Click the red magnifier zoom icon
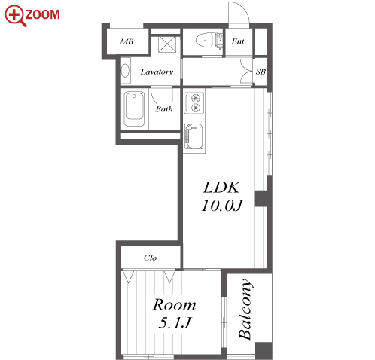pos(14,14)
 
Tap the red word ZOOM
pos(43,14)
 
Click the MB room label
pos(127,41)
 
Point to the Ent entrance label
pos(238,41)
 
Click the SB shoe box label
pos(261,72)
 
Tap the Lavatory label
pos(157,72)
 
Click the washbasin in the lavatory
pos(126,71)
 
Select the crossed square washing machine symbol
pos(167,44)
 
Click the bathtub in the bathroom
pos(135,109)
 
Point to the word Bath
pos(164,109)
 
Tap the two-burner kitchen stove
pos(194,103)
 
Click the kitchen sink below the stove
pos(194,136)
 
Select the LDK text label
pos(221,188)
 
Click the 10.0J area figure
pos(222,206)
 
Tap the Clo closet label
pos(151,258)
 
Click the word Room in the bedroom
pos(174,305)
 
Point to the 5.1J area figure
pos(175,322)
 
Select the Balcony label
pos(245,309)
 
